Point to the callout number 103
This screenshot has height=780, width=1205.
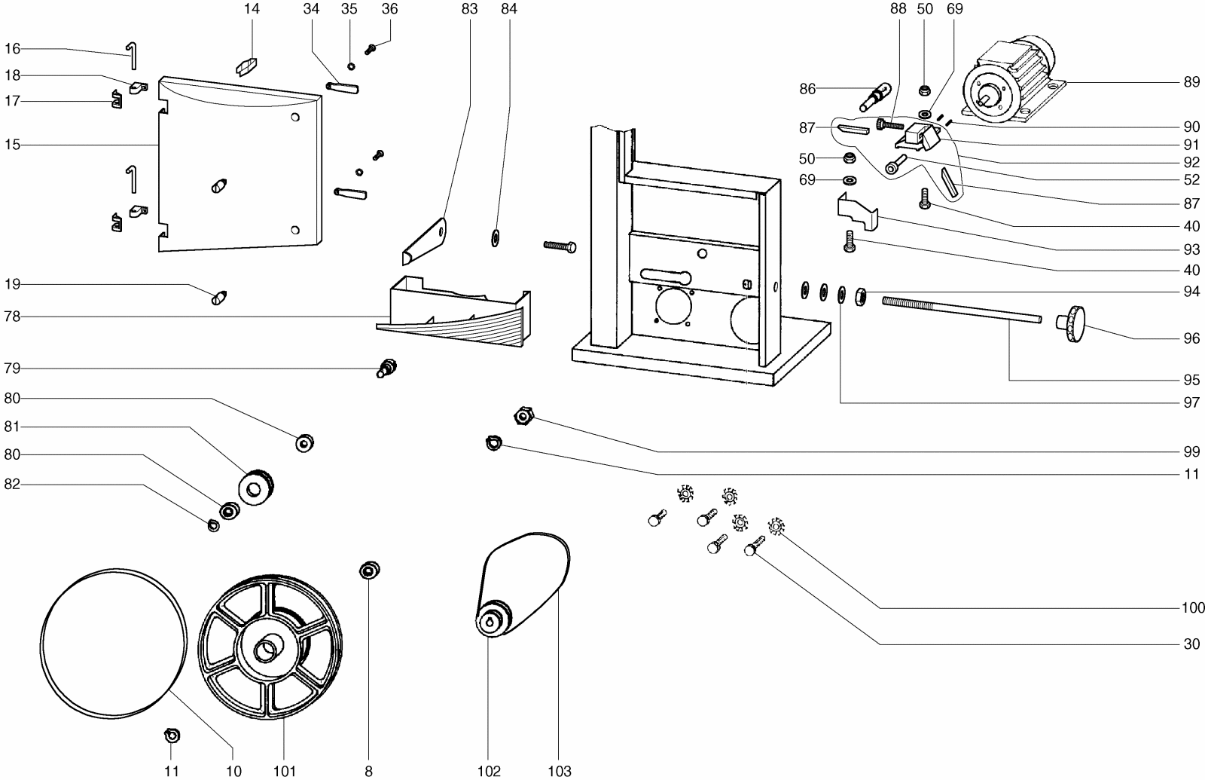pos(560,771)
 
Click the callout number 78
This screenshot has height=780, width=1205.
pos(11,317)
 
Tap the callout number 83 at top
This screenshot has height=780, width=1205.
pos(469,9)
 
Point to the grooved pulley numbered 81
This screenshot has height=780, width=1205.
pos(256,485)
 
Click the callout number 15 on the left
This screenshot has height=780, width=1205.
pos(11,143)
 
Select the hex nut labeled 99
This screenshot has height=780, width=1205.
pos(523,415)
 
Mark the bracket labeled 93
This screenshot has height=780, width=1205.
pos(859,210)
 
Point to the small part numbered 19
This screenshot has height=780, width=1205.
pos(219,297)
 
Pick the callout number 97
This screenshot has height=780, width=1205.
pos(1191,403)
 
